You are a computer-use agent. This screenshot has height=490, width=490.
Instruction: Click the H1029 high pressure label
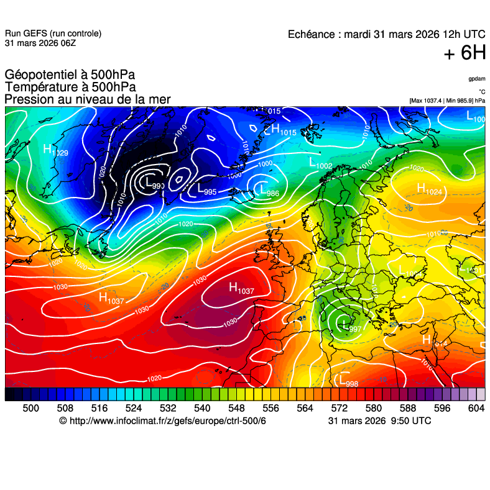[x=55, y=150]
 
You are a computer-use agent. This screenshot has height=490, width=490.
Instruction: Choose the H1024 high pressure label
[x=429, y=189]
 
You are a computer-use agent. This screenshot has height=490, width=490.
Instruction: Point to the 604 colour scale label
[x=476, y=407]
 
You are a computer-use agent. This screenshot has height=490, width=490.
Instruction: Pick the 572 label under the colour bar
[x=339, y=407]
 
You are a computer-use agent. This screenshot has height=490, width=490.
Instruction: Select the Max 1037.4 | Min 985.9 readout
[x=447, y=101]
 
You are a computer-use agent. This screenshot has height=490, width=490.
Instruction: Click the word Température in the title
[x=40, y=88]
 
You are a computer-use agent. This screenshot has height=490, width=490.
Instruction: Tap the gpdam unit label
[x=477, y=79]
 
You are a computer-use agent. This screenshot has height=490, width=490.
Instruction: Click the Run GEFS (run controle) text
[x=53, y=34]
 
